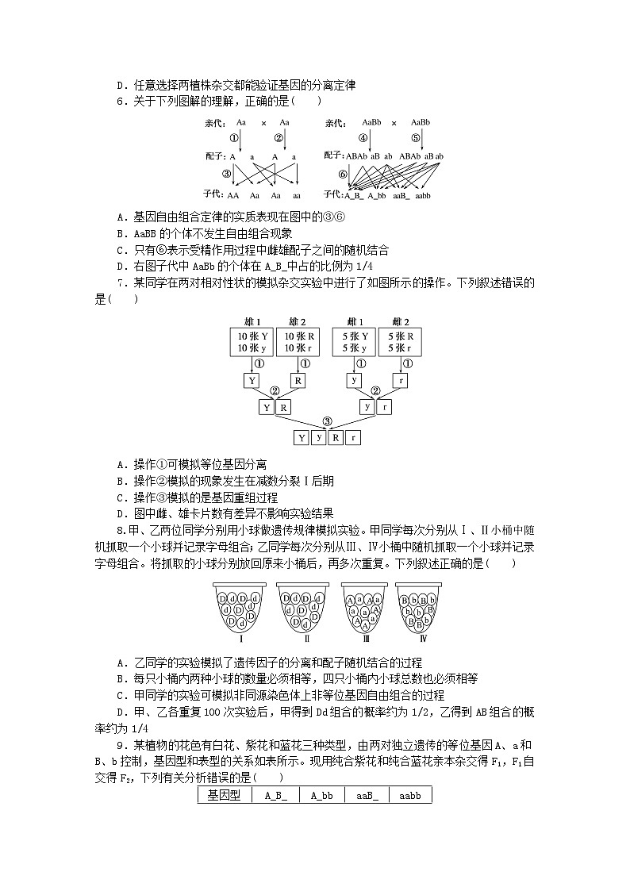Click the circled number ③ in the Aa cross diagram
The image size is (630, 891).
click(x=227, y=174)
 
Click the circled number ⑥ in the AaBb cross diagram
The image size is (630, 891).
click(x=343, y=174)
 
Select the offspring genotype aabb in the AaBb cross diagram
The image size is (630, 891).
click(x=421, y=194)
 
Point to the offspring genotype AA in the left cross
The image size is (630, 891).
click(x=233, y=194)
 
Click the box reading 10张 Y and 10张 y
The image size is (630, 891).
click(x=252, y=342)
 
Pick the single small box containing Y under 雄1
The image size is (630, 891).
click(x=252, y=381)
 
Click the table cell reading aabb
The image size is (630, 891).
click(x=410, y=794)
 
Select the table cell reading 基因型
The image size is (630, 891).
click(x=225, y=794)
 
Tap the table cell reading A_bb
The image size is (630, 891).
click(x=324, y=794)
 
